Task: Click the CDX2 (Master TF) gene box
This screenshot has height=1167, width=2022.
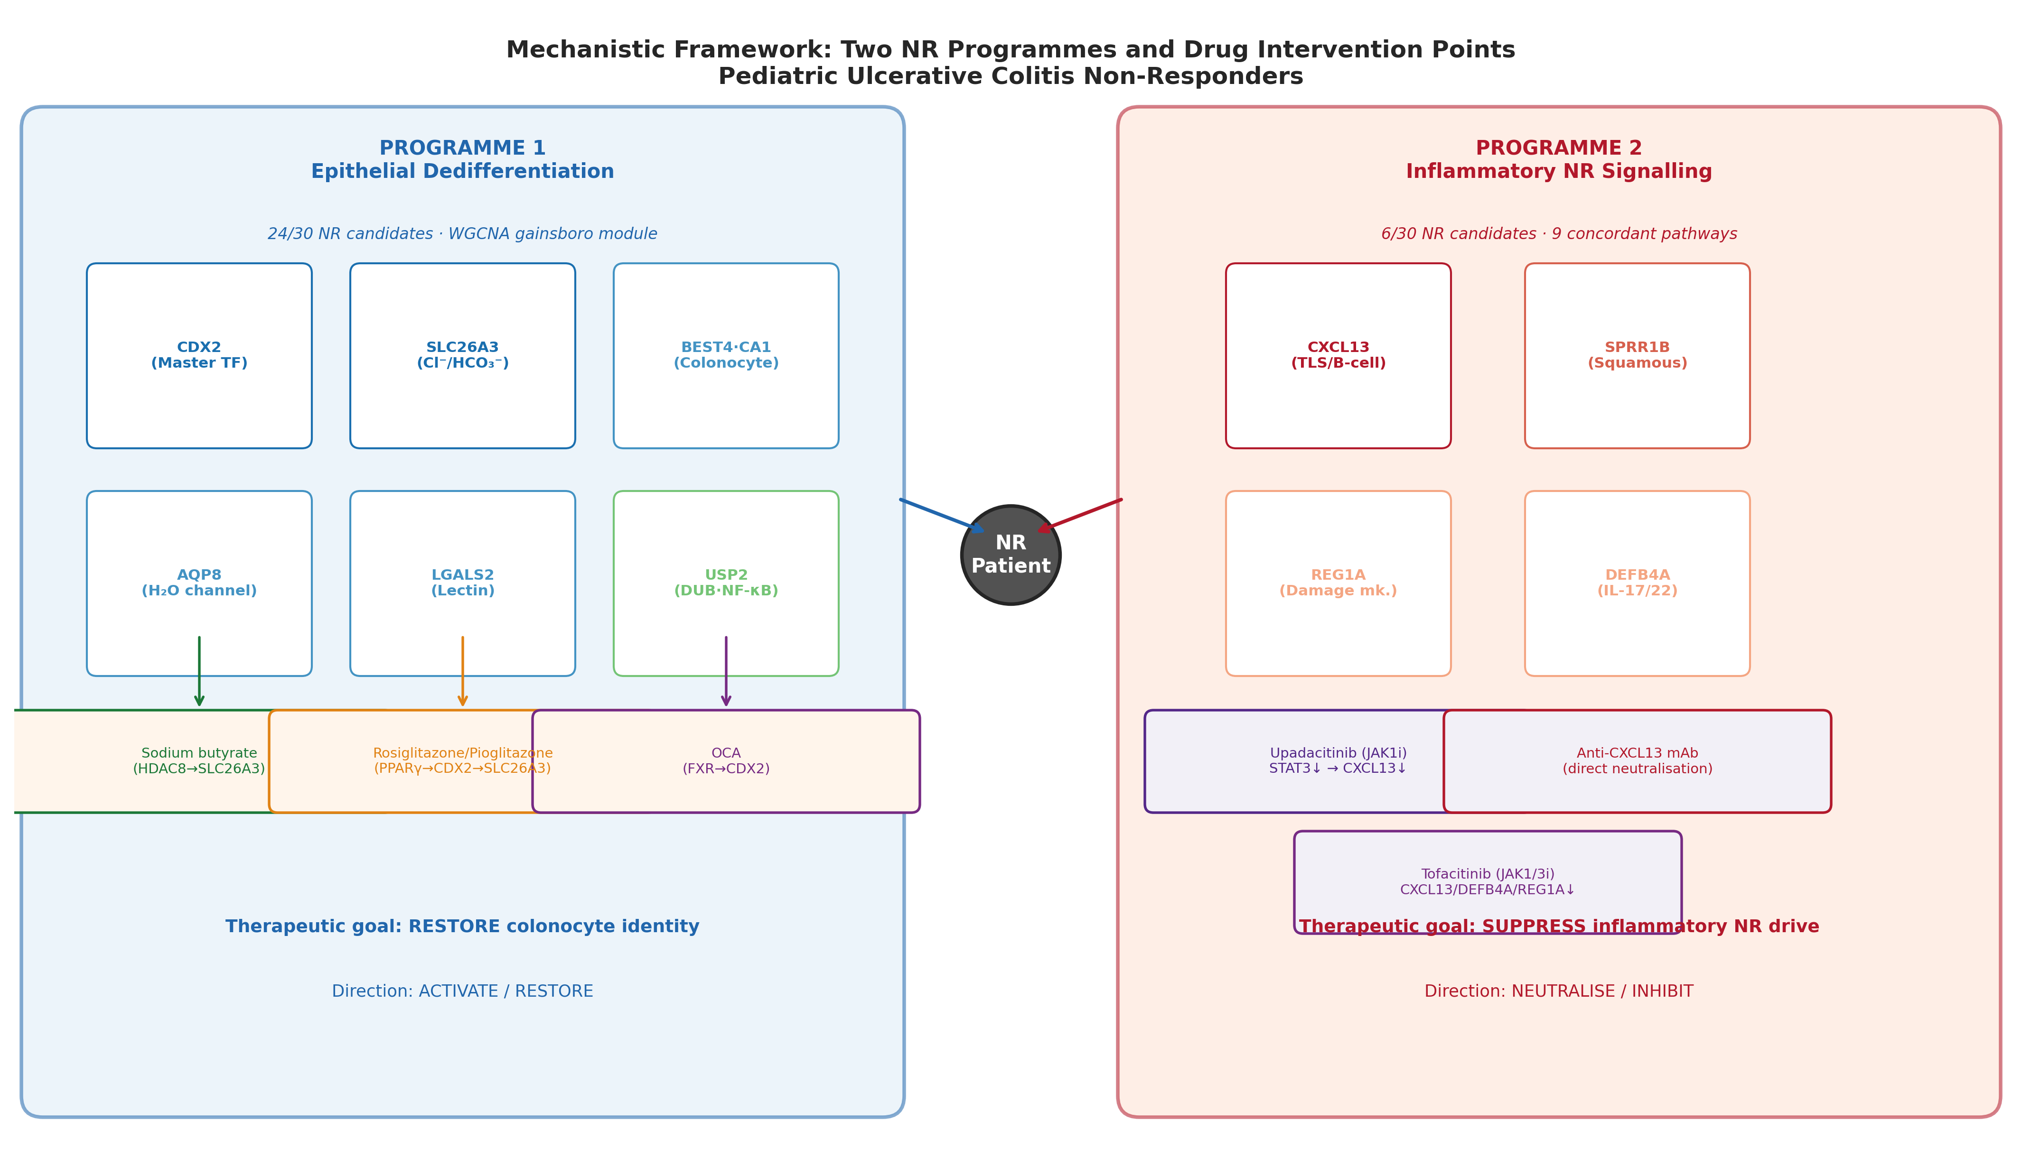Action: tap(199, 355)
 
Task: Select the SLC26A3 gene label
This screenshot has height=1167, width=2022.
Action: tap(463, 355)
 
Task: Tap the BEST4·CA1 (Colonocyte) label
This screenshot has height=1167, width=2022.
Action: tap(726, 355)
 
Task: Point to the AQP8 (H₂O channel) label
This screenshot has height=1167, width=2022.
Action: tap(199, 583)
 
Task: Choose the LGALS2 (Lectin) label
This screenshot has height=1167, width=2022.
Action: tap(463, 583)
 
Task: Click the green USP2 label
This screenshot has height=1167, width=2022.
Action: tap(726, 583)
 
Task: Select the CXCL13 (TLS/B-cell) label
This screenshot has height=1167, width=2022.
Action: tap(1338, 355)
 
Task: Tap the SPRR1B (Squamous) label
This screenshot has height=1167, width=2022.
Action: tap(1637, 355)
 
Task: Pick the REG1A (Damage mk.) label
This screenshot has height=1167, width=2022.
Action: tap(1338, 583)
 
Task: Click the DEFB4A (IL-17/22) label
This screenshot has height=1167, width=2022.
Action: tap(1637, 583)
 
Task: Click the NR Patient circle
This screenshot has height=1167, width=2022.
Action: tap(1010, 555)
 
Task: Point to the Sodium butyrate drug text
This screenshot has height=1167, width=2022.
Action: tap(199, 760)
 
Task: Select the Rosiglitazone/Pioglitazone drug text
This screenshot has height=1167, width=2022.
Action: tap(463, 760)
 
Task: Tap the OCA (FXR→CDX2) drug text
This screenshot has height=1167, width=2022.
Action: tap(726, 760)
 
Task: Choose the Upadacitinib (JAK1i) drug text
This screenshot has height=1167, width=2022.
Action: tap(1338, 760)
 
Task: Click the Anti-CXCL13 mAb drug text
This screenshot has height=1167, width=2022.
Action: tap(1637, 760)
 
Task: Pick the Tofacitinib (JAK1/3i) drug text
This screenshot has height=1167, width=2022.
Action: tap(1487, 882)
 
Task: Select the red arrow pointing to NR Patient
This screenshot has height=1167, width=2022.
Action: tap(1080, 515)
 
